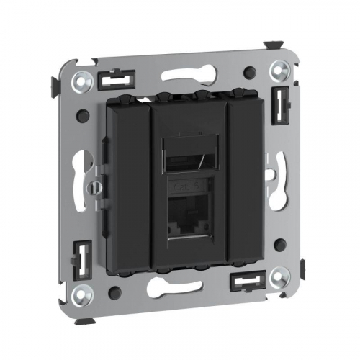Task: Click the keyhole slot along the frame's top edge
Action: pos(186,75)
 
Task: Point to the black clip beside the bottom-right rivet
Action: pos(244,280)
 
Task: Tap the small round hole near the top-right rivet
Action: pos(248,72)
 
